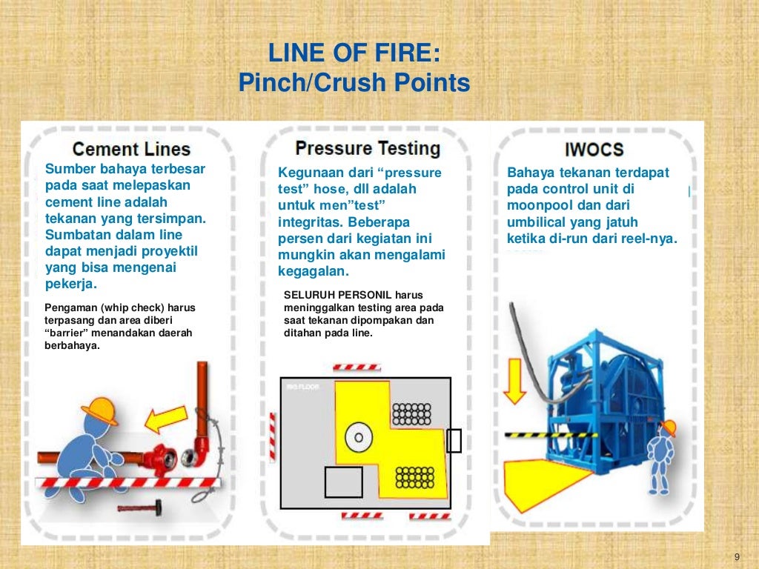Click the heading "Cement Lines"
point(131,149)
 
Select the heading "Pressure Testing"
point(368,147)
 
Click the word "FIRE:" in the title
point(405,53)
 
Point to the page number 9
point(737,557)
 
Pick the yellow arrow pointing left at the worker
point(165,422)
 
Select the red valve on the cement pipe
point(159,457)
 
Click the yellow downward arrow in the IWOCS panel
point(516,381)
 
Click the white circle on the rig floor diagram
point(359,437)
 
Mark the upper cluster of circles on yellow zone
point(412,413)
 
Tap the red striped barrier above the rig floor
point(357,367)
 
